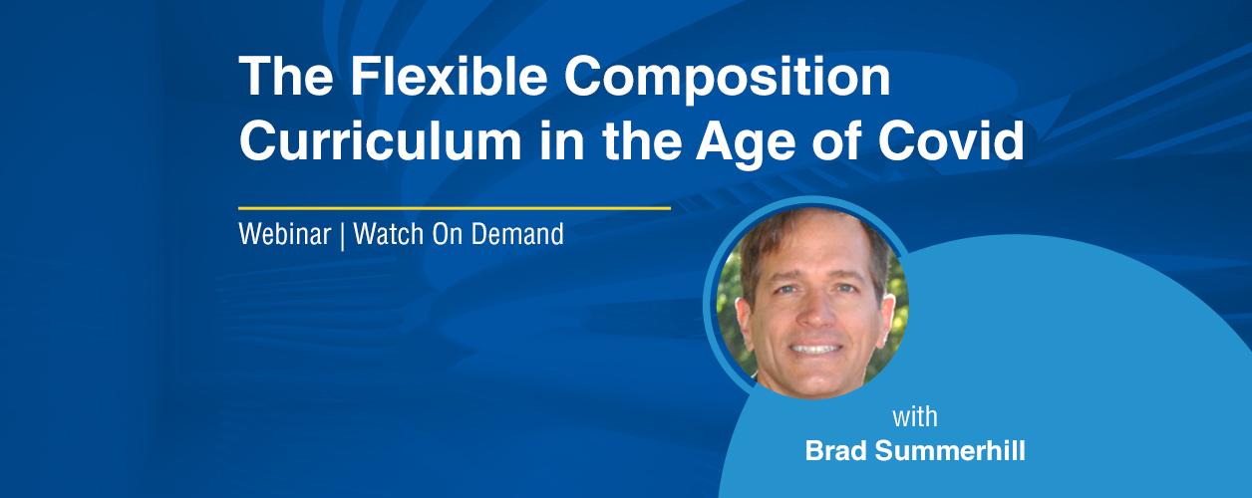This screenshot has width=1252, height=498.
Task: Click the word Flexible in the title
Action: pos(449,76)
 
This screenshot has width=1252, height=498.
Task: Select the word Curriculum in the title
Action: pos(380,140)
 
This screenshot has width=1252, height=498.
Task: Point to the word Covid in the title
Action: pos(951,140)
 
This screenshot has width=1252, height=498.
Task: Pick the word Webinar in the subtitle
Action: pos(284,233)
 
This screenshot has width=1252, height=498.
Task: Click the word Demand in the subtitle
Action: pos(517,233)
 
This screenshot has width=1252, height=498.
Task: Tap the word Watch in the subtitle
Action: pos(389,233)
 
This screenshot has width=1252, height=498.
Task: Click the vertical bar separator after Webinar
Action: pos(342,235)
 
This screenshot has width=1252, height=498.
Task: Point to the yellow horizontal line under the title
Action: pos(455,208)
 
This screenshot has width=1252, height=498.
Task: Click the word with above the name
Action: pos(915,417)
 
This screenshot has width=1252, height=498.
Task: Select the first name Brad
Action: pos(836,450)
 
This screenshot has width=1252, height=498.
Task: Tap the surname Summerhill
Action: pos(950,450)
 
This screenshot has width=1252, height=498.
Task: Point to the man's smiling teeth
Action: pos(815,349)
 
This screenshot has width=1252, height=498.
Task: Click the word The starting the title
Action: pos(286,76)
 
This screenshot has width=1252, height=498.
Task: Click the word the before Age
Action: pos(642,140)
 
